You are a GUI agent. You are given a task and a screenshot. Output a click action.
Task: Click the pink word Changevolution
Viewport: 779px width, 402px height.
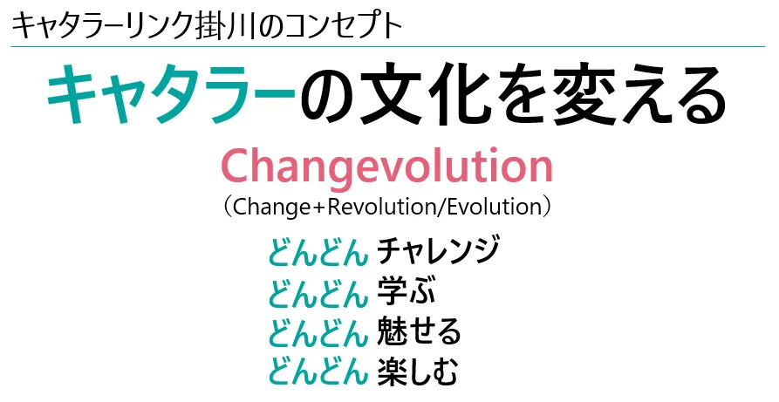[386, 167]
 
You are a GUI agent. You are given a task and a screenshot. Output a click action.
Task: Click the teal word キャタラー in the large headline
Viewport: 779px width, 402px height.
[171, 94]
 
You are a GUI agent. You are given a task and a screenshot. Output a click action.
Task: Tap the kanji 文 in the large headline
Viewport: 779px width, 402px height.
[393, 94]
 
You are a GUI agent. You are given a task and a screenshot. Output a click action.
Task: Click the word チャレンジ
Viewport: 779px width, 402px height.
[437, 250]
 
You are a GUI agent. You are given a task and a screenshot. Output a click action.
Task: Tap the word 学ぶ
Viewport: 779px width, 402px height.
[407, 290]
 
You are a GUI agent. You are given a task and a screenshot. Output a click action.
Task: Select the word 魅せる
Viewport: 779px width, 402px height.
[419, 331]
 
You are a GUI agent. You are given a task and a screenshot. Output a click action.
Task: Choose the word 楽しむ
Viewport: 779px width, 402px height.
[417, 371]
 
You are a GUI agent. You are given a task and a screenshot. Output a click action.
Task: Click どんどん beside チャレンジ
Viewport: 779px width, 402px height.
[318, 251]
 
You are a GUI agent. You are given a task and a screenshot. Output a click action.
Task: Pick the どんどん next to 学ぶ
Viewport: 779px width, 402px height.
[318, 291]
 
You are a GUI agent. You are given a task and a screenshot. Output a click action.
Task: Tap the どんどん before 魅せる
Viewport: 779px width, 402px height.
[318, 332]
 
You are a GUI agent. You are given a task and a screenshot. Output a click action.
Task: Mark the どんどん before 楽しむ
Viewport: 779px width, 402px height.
[318, 372]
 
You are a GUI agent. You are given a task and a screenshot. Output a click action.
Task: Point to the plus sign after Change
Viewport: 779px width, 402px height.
[318, 208]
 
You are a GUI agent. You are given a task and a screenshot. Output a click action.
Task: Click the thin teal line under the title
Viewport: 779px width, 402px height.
[387, 47]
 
